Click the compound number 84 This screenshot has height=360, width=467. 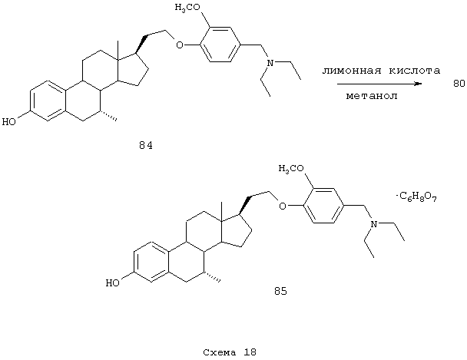(146, 146)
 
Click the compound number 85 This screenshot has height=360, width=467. (280, 291)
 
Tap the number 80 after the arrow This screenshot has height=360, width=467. (459, 84)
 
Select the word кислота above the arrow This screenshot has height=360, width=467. (415, 71)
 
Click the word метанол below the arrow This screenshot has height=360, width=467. (372, 96)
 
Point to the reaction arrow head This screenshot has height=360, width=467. (419, 84)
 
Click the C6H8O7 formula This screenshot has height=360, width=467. (417, 197)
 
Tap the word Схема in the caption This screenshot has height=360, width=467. (220, 352)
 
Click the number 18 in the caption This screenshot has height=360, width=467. (250, 352)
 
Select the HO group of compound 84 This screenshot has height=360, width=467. (8, 122)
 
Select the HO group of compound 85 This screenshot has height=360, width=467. (113, 283)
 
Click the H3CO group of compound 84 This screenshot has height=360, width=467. (187, 8)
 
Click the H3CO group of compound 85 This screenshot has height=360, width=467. (291, 169)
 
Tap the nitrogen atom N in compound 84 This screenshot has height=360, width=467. (270, 63)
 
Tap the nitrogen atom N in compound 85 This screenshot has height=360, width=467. (373, 224)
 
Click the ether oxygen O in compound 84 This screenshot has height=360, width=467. (180, 45)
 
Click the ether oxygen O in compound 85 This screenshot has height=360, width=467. (283, 206)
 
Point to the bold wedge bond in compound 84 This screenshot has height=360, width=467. (141, 44)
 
